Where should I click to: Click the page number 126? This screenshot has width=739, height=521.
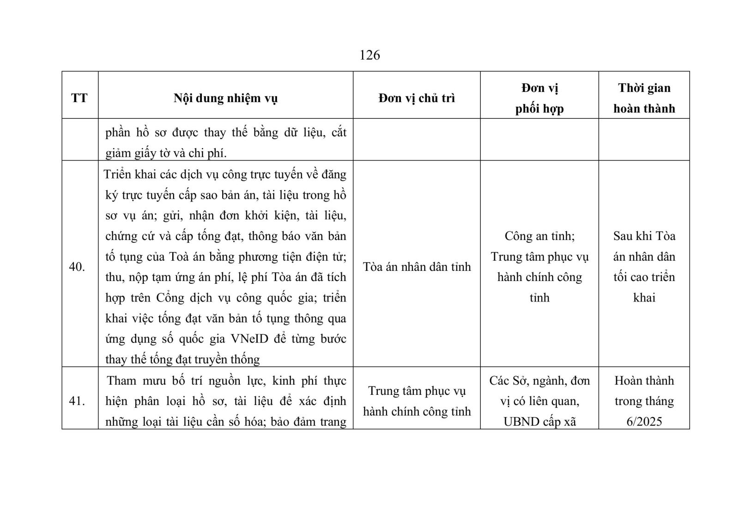369,55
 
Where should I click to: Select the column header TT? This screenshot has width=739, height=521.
79,98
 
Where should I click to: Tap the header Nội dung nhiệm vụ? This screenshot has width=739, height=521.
225,98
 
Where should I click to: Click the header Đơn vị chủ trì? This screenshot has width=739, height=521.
417,98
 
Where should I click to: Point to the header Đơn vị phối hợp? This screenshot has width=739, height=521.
539,98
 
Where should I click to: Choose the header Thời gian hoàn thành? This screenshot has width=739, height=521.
644,98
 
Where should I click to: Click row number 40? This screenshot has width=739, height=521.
77,267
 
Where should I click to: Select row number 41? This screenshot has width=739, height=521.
77,401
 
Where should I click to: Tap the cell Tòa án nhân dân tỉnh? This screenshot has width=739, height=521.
417,267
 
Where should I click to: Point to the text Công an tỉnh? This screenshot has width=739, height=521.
539,236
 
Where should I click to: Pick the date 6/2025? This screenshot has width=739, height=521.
644,422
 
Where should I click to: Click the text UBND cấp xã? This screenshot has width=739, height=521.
539,422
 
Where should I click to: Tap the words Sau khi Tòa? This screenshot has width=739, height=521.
644,236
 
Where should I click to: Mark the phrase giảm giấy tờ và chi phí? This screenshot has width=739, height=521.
166,153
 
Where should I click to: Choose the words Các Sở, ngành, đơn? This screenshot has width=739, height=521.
539,380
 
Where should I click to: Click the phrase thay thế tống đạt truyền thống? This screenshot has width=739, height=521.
182,359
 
